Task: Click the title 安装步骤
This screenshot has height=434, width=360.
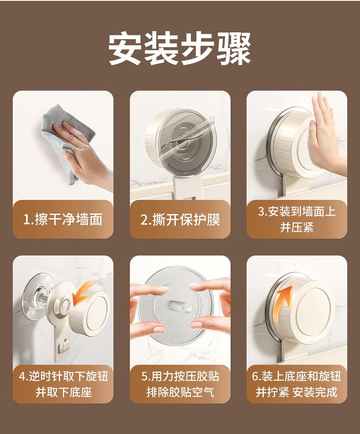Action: click(180, 49)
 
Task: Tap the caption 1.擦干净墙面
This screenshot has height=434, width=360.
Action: click(63, 220)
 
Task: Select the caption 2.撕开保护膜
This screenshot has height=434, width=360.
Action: click(180, 220)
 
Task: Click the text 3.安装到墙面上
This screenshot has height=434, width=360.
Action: click(297, 211)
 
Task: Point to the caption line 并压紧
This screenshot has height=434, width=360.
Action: click(297, 228)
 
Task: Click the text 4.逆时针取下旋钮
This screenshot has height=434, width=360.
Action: click(63, 376)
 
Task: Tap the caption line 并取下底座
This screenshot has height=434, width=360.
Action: click(63, 392)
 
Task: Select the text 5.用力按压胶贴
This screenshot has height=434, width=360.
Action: click(180, 376)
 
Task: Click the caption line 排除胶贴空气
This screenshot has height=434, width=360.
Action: click(180, 392)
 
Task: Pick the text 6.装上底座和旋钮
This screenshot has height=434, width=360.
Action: click(297, 376)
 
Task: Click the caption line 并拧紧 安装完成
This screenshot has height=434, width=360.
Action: click(297, 392)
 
